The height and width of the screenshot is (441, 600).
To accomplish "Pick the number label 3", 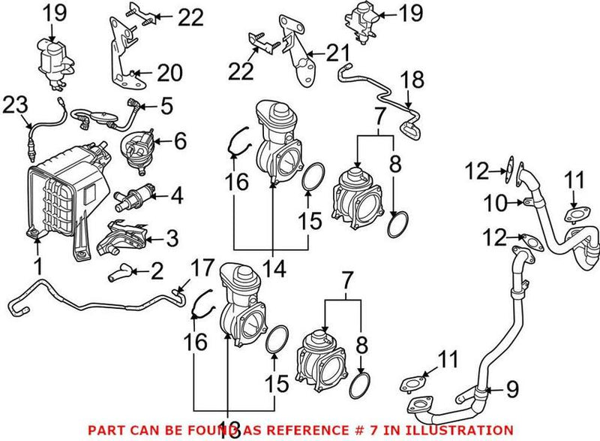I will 172,240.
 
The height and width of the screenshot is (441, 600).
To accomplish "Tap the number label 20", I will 169,73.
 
